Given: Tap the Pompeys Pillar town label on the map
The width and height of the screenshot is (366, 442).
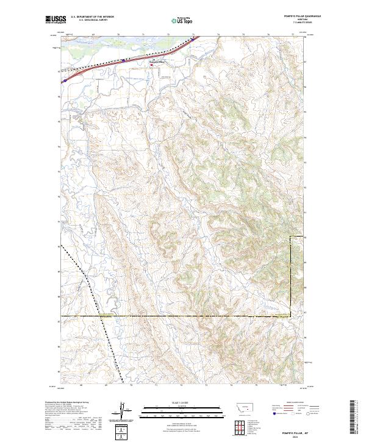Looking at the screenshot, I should (x=157, y=62).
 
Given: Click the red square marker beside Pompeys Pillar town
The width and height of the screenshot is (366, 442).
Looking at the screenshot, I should (x=152, y=65).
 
